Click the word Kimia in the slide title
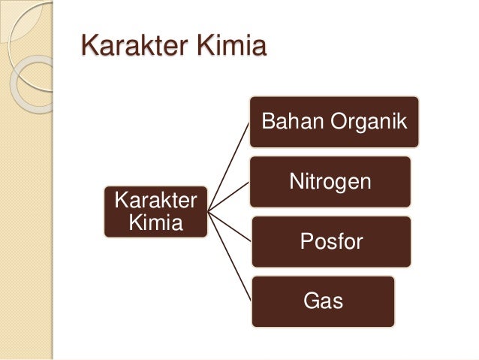231,46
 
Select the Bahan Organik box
334,122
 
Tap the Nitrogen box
331,182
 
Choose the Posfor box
331,242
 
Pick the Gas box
323,301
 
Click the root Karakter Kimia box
155,212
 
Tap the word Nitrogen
331,183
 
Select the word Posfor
331,242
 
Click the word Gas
323,302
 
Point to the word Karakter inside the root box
155,201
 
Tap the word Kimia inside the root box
155,223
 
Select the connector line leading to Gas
229,256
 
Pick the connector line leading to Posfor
229,227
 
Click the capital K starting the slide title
90,46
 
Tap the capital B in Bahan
267,122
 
